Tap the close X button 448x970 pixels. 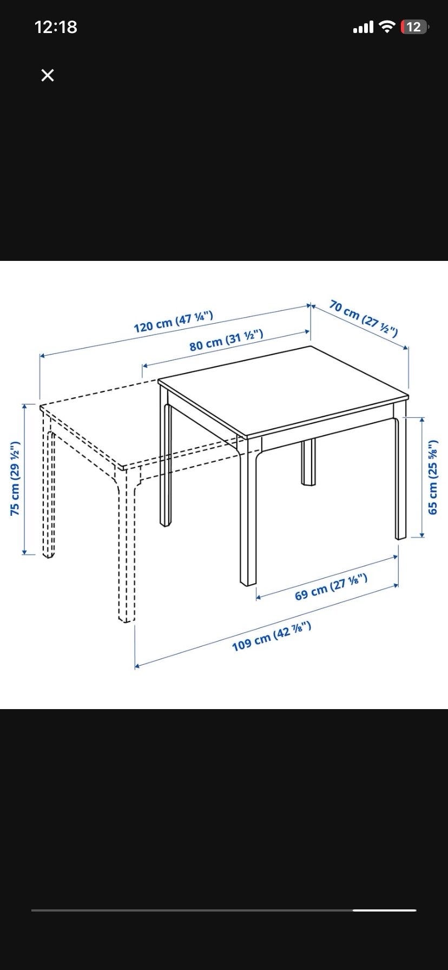48,75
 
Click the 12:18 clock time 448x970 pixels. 56,27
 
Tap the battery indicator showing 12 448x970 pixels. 414,27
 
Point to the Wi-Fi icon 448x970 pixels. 387,27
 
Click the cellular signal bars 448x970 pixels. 363,27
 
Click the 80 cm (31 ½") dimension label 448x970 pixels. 226,339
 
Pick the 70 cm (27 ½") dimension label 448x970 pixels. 364,319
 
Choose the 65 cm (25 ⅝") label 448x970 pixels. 432,478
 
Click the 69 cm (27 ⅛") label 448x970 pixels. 331,587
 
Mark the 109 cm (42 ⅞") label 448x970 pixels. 272,637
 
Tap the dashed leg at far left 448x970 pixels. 49,493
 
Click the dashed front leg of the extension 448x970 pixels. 127,547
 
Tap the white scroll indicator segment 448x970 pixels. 384,910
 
